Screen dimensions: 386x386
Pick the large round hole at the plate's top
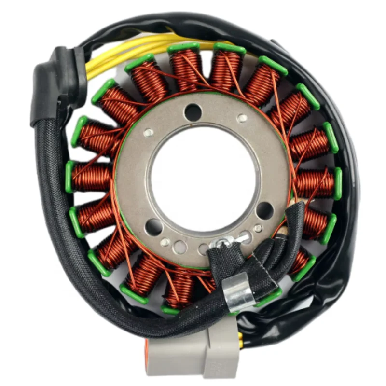click(x=193, y=112)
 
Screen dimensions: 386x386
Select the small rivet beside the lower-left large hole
click(x=165, y=242)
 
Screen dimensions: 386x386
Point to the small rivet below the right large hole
click(x=259, y=228)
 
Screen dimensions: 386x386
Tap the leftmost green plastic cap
click(x=69, y=177)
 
